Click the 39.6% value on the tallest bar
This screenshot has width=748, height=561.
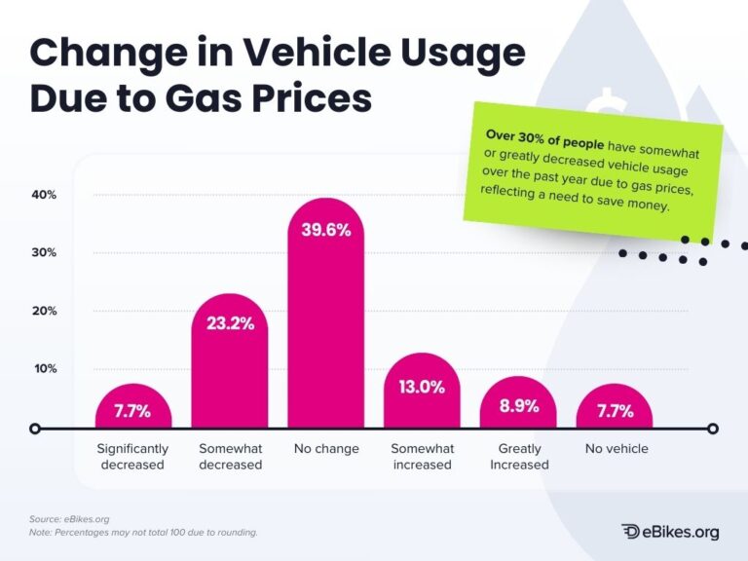coord(326,231)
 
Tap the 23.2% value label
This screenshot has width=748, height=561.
coord(230,323)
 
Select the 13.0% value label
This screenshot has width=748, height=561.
coord(422,387)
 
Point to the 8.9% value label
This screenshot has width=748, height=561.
coord(519,406)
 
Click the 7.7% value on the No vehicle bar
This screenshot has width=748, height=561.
coord(615,411)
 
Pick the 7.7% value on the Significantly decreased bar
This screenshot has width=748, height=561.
coord(132,411)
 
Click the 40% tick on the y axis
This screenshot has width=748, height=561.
coord(43,195)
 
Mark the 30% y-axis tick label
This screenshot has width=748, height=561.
coord(43,252)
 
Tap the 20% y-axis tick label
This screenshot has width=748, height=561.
coord(43,311)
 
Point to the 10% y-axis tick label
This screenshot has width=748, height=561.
coord(43,368)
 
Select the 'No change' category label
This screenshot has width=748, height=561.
coord(326,449)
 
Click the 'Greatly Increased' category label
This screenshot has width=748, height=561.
coord(519,457)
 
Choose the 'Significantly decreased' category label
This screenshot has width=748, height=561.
coord(132,457)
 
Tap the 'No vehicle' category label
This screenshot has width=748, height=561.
coord(616,449)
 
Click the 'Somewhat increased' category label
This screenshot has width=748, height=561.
coord(422,457)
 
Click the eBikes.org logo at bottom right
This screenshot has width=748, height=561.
coord(670,531)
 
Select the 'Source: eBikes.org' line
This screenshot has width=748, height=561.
coord(69,519)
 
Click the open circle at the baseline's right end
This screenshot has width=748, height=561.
coord(713,429)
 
